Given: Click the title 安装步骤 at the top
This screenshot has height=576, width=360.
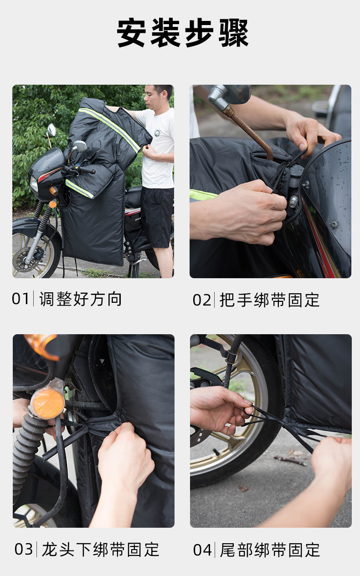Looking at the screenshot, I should pyautogui.click(x=183, y=33).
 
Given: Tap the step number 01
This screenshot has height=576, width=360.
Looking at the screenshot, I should pyautogui.click(x=21, y=299).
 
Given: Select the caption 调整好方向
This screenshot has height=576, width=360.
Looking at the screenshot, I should pyautogui.click(x=81, y=299).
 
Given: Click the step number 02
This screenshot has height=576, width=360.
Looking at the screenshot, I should pyautogui.click(x=202, y=300).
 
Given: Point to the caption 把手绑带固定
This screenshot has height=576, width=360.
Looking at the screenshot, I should pyautogui.click(x=270, y=300).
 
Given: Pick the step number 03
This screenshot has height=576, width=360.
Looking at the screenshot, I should pyautogui.click(x=24, y=549).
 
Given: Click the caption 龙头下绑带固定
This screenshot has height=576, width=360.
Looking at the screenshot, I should pyautogui.click(x=101, y=550).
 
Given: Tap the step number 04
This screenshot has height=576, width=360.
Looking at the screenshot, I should pyautogui.click(x=202, y=550).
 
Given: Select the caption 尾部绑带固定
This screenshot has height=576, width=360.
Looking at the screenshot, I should pyautogui.click(x=270, y=550).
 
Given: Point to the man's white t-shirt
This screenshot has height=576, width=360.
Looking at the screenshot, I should pyautogui.click(x=158, y=150).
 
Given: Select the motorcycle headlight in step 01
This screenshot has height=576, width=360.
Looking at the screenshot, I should pyautogui.click(x=34, y=184).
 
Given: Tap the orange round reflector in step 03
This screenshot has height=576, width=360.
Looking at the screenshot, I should pyautogui.click(x=47, y=403).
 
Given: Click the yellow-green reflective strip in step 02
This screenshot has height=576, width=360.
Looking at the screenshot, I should pyautogui.click(x=202, y=195).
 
